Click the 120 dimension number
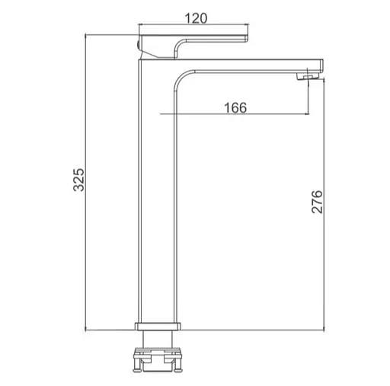pos(196,18)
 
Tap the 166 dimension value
pos(235,107)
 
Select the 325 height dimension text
pos(78,180)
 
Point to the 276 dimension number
pos(317,201)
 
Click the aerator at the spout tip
pos(308,77)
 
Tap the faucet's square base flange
pos(158,326)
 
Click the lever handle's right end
pos(246,38)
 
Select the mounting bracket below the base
pos(158,360)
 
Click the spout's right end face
pos(321,65)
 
